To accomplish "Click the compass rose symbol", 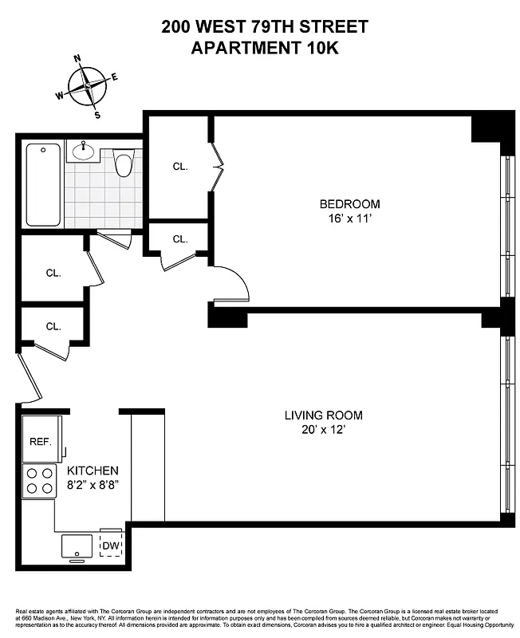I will (88, 85).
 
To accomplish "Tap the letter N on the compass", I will (78, 58).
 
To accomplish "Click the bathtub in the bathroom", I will (43, 185).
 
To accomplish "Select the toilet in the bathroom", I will (123, 164).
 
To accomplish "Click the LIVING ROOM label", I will (324, 415).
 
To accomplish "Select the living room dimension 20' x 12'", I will (324, 430).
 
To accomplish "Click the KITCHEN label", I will (93, 471).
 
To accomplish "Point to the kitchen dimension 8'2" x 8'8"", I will (93, 485).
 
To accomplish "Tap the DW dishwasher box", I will (111, 545).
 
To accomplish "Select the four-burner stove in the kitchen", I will (38, 481).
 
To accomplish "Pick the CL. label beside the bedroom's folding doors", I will (180, 167).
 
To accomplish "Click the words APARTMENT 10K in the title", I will (265, 47).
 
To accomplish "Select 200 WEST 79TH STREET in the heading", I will (265, 27).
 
